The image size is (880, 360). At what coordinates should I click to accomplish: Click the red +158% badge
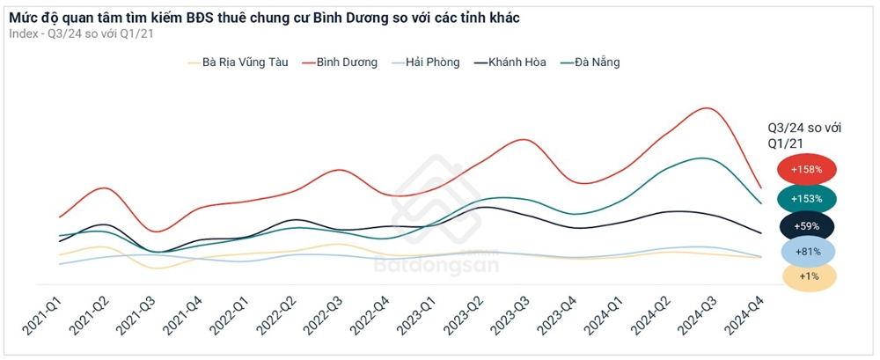(806, 169)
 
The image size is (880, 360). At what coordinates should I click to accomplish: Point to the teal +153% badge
(806, 199)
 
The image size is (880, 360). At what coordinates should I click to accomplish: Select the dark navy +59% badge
(806, 226)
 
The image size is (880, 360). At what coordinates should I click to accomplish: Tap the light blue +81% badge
(806, 253)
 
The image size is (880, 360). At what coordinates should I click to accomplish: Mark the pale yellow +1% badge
(806, 276)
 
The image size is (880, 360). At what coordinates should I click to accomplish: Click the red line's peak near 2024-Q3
(707, 108)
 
